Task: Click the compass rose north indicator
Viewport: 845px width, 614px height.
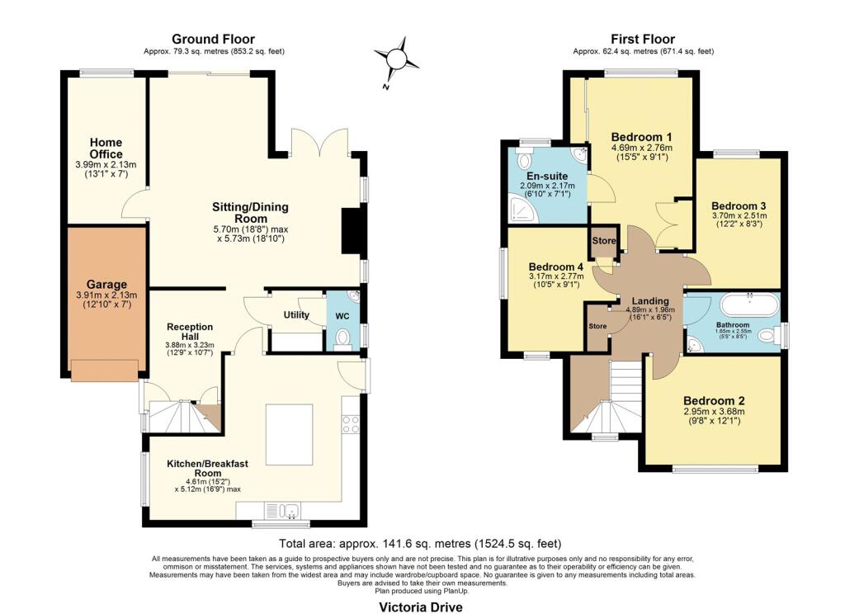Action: (394, 58)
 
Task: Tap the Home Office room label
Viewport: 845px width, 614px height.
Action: (106, 149)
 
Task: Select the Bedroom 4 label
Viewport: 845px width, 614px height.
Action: (556, 267)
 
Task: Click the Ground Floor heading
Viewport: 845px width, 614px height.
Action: (213, 39)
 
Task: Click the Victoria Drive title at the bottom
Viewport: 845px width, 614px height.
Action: (421, 607)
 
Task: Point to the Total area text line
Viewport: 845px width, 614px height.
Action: (421, 544)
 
